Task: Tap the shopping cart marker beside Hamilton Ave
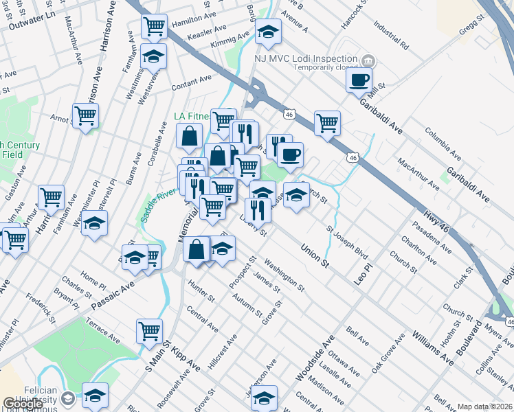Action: point(155,26)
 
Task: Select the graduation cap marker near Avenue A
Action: point(267,32)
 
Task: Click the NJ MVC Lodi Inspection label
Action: point(306,59)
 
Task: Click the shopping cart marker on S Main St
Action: point(149,331)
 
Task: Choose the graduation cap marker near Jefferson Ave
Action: point(265,397)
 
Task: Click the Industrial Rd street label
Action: point(391,38)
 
